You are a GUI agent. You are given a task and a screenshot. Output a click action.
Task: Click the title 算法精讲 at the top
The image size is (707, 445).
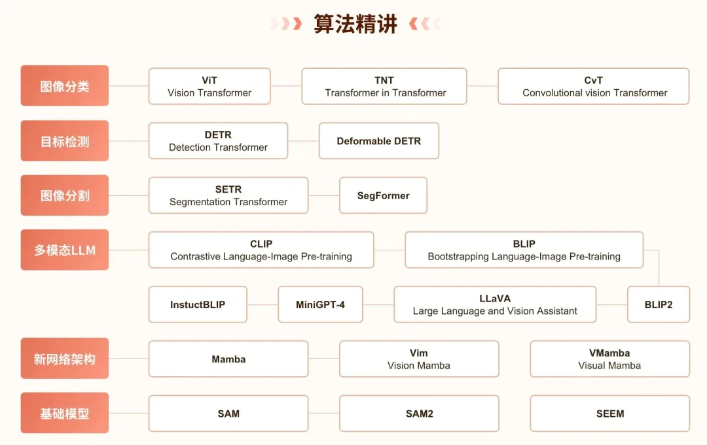coord(355,24)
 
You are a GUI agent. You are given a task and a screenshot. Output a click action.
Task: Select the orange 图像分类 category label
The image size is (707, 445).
coord(65,86)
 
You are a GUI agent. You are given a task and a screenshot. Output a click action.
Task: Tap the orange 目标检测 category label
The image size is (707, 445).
coord(65,141)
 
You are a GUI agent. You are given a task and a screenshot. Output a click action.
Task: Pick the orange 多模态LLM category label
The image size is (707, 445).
coord(65,250)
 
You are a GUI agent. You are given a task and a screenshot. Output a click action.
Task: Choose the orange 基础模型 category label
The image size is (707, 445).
coord(65,414)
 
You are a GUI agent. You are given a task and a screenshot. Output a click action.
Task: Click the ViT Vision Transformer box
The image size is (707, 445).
coord(209,87)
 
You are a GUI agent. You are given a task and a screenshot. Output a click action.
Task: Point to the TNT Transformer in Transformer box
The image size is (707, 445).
coord(384,87)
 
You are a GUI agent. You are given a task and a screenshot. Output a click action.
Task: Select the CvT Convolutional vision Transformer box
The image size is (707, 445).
coord(594,87)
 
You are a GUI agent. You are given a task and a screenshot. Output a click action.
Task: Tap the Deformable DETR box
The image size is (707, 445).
coord(379,141)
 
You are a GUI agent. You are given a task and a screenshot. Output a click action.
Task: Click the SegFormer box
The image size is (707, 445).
coord(383,195)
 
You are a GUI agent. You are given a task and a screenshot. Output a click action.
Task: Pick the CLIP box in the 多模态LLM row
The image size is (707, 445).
coord(261,250)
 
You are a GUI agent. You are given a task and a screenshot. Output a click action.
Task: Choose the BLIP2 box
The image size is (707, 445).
coord(659,305)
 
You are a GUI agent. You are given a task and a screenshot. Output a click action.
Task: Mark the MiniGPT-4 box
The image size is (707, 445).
coord(320,305)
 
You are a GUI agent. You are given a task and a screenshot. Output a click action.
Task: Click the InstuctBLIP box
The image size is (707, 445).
coord(198,305)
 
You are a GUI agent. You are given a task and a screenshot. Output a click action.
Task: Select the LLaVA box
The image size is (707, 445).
coord(495,305)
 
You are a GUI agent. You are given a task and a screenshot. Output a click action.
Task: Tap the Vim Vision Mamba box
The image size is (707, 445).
coord(419,359)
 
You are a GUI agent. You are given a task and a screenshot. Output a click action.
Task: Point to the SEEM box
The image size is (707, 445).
coord(610,414)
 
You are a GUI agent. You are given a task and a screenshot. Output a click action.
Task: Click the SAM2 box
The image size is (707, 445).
coord(419,414)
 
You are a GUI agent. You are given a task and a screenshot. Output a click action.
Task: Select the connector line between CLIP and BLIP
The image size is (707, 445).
coord(390,250)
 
